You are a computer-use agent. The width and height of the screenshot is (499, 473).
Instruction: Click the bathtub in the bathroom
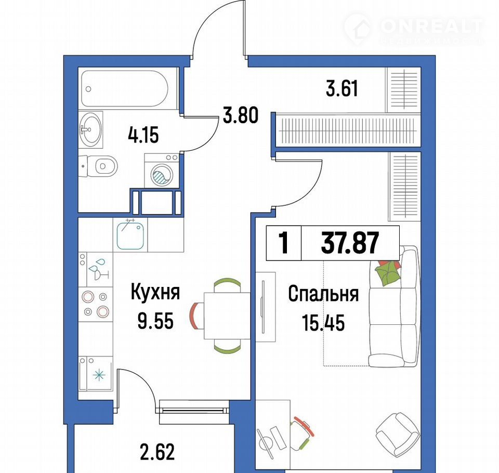click(x=124, y=88)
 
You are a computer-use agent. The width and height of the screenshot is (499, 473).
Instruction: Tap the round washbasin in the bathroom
click(x=90, y=129)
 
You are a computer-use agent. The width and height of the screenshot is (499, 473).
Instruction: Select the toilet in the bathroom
click(x=98, y=166)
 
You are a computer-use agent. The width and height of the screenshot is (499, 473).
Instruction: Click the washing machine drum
click(x=162, y=175)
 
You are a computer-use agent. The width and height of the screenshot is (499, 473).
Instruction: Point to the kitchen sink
click(x=130, y=235)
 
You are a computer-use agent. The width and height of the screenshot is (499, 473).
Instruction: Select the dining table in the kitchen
click(x=227, y=316)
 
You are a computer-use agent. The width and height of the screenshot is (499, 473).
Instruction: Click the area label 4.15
click(x=143, y=135)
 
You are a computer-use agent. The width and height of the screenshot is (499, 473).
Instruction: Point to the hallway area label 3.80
click(x=240, y=115)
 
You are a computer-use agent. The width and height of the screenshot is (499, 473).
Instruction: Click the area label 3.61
click(x=342, y=88)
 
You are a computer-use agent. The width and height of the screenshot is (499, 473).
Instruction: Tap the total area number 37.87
click(x=350, y=243)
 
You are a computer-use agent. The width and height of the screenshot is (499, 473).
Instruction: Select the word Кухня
click(x=155, y=292)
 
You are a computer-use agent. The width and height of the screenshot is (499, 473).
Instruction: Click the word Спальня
click(x=323, y=294)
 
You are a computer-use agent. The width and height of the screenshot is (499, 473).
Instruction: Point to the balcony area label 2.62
click(x=157, y=452)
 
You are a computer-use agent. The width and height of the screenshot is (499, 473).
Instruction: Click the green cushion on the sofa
click(x=387, y=272)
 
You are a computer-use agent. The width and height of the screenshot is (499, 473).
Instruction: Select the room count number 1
click(x=283, y=243)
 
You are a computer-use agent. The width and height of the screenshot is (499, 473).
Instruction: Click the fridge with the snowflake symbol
click(x=96, y=374)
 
